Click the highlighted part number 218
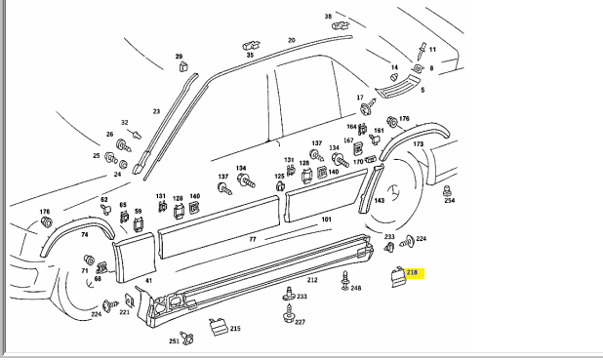412,272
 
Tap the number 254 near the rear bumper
449,200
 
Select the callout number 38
328,17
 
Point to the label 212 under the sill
312,280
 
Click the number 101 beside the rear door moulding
326,220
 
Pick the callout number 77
253,239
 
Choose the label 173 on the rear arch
418,143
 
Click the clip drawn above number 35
251,45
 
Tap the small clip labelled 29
183,67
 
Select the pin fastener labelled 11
422,51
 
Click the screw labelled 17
368,106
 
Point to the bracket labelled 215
218,327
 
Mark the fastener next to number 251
187,338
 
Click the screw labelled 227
289,314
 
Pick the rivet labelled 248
345,280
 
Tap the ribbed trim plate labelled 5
398,87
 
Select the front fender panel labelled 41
135,257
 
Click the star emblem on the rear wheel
392,193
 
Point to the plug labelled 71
89,260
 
